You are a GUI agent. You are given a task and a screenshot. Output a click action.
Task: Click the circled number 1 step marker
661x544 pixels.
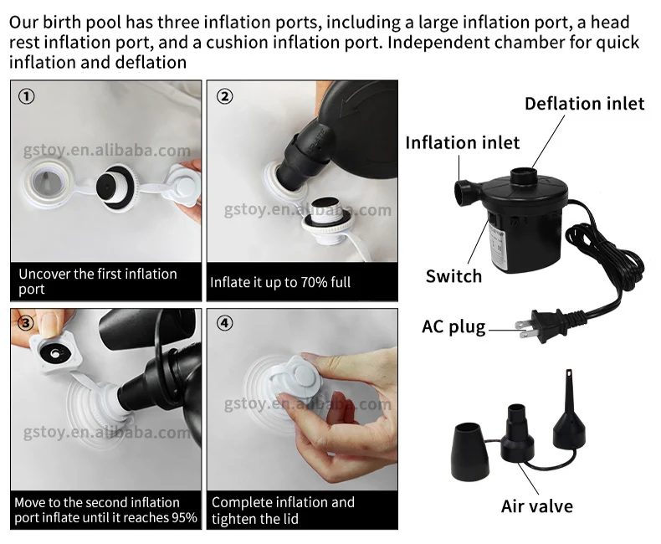coord(27,96)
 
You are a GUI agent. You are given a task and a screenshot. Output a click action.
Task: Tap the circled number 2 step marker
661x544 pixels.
coord(225,96)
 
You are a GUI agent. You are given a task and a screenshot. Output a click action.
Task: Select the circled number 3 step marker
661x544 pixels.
coord(27,323)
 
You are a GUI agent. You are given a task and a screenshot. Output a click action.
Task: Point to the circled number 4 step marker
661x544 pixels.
coord(225,323)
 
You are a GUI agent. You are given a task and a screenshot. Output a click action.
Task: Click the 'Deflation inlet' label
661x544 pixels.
coord(584,104)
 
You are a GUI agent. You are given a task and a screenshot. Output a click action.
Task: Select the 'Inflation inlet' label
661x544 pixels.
coord(463,142)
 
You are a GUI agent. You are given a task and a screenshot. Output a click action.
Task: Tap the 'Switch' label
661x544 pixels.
coord(453,276)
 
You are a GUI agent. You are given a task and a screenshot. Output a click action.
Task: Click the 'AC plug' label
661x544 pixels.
coord(453,327)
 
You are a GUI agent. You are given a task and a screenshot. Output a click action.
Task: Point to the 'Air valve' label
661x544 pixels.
coord(537,506)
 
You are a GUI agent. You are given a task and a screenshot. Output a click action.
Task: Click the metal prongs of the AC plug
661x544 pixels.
coord(525,330)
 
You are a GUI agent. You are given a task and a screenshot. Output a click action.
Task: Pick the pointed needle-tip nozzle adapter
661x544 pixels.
coord(569,410)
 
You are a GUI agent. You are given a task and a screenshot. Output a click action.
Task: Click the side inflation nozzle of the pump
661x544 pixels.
coord(466,193)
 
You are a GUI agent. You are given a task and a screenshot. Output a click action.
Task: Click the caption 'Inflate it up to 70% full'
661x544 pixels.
coord(280,282)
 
